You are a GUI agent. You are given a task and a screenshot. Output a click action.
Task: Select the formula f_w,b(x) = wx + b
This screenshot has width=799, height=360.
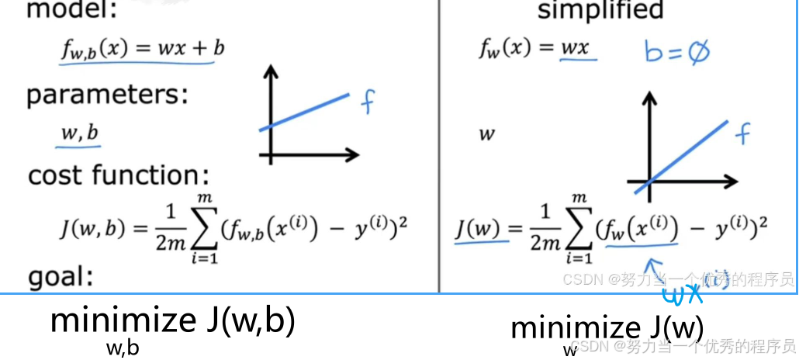tap(143, 49)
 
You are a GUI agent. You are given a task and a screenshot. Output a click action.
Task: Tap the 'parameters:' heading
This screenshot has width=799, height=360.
tap(107, 95)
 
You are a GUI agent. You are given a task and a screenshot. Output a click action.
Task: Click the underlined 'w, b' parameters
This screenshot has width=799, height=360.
tap(80, 133)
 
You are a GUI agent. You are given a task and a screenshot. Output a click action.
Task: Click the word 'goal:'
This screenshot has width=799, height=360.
tap(61, 277)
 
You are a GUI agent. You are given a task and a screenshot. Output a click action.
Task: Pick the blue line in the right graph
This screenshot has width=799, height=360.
tap(681, 157)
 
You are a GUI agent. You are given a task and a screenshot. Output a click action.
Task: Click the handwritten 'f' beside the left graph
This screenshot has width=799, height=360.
tap(368, 102)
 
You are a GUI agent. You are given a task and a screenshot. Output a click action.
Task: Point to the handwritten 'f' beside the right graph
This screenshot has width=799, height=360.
tap(742, 134)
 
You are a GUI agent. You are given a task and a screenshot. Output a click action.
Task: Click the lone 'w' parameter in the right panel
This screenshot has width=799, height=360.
tap(486, 134)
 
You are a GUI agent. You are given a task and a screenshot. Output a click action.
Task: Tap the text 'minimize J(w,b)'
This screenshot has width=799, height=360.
tap(172, 320)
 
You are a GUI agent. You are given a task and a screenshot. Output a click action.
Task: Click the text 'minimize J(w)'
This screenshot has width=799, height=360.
tap(607, 327)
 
